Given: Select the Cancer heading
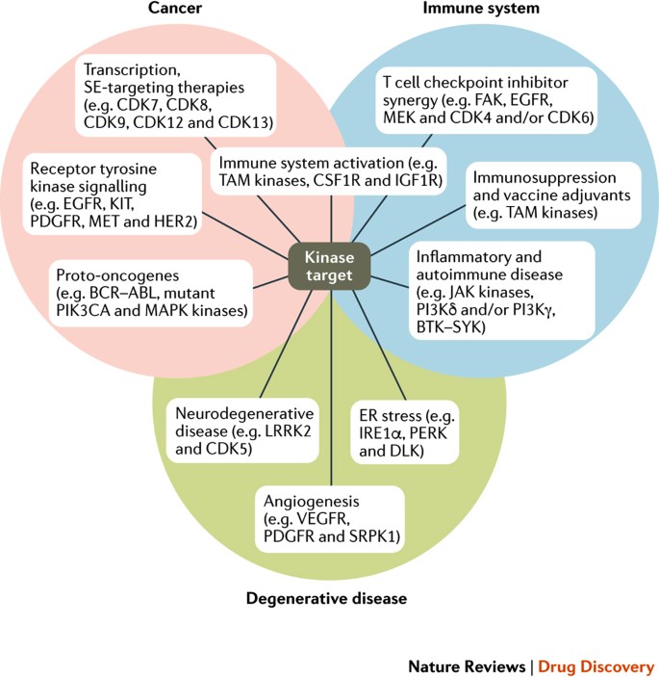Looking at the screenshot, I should pos(176,9).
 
